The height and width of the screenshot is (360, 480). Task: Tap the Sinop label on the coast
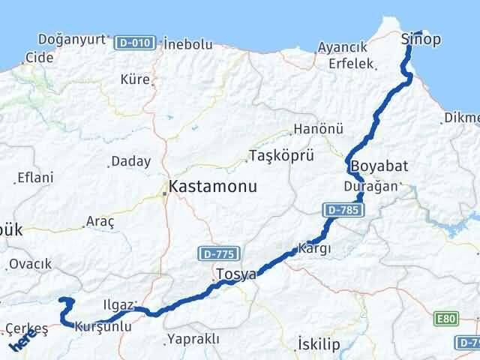pyautogui.click(x=421, y=39)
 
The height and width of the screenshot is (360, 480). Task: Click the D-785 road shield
pyautogui.click(x=340, y=211)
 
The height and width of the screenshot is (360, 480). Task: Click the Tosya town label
pyautogui.click(x=235, y=274)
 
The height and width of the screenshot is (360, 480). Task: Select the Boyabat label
pyautogui.click(x=379, y=166)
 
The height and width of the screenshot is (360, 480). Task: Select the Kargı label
pyautogui.click(x=315, y=248)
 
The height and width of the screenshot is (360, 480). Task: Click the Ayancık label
pyautogui.click(x=342, y=47)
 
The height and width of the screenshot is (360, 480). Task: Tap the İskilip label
pyautogui.click(x=319, y=343)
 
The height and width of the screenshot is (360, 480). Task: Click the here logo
pyautogui.click(x=20, y=343)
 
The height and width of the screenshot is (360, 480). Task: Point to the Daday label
pyautogui.click(x=130, y=161)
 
